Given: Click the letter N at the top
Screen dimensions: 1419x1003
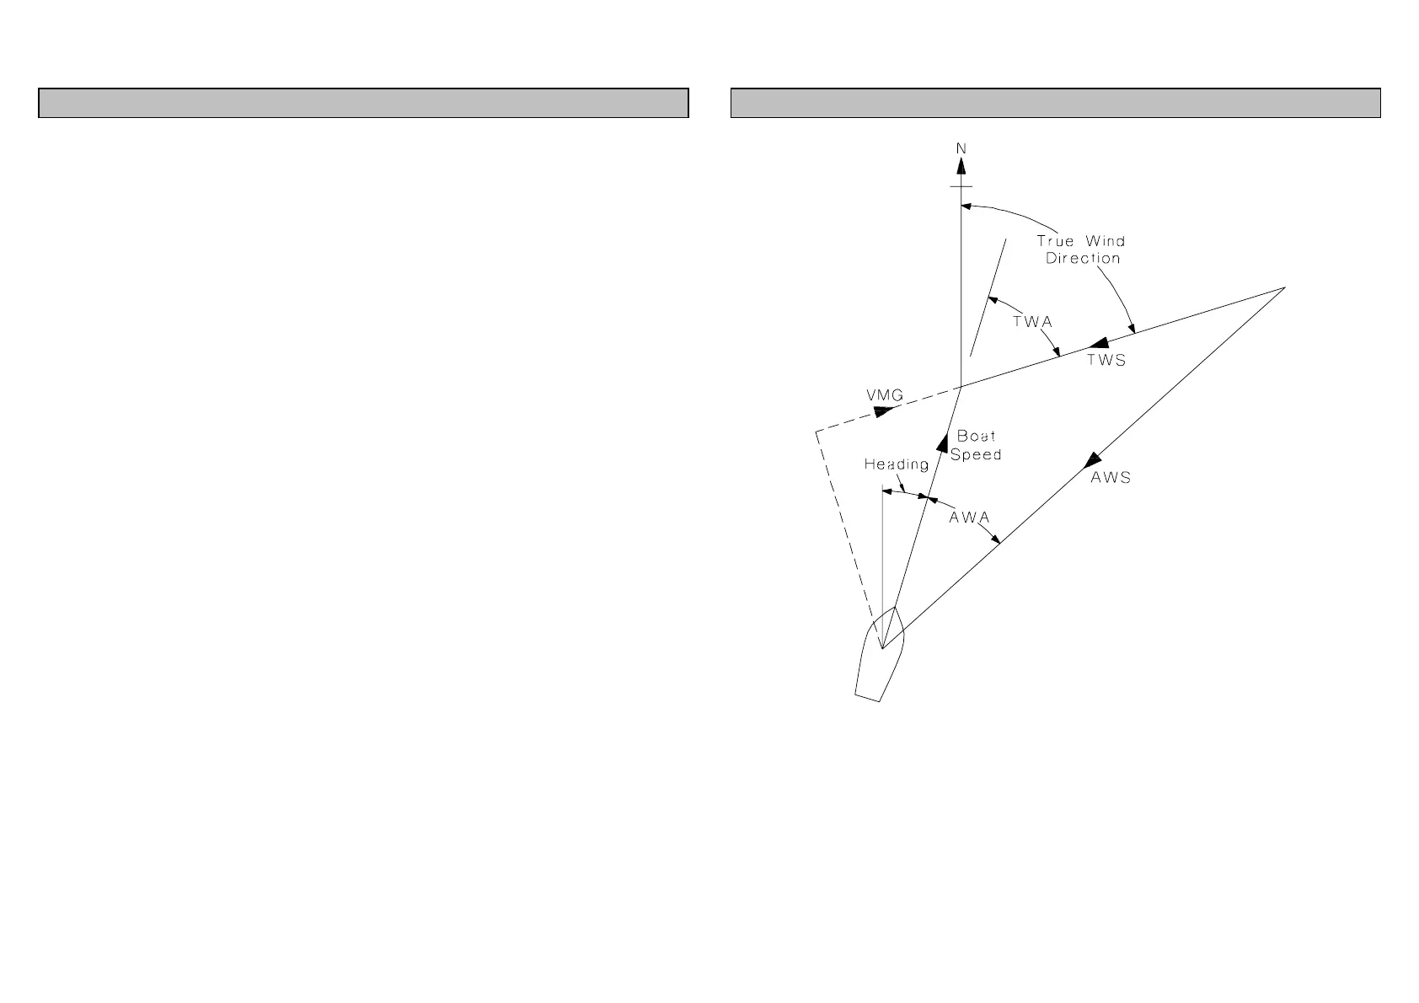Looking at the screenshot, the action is pos(961,148).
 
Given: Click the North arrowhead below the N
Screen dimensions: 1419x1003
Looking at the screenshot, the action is pos(961,167).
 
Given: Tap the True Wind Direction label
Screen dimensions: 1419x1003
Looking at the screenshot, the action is pos(1081,249).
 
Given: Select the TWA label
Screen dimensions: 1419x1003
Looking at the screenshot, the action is pos(1033,322).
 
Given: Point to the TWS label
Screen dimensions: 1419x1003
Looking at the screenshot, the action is pos(1106,361).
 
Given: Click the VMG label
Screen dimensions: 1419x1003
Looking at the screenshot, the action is pos(885,395).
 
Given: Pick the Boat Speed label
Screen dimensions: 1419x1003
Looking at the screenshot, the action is pos(976,445).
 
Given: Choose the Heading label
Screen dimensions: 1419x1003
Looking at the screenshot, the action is pos(897,464).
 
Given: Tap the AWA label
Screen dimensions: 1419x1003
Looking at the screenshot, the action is pos(969,518).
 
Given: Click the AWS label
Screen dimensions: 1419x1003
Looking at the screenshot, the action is pos(1111,478).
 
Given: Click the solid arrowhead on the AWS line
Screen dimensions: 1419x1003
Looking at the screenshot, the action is pos(1093,459).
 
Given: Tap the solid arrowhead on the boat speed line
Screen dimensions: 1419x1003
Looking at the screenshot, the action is pos(943,440).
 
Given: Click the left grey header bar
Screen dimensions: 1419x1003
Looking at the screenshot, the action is pos(363,103).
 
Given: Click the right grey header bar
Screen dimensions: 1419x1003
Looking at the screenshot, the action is pos(1055,103).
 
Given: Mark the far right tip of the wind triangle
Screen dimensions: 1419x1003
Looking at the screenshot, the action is pos(1284,287).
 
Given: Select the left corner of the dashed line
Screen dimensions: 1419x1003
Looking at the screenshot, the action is pos(816,432).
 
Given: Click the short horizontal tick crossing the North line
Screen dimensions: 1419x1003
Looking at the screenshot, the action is pos(961,186).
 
